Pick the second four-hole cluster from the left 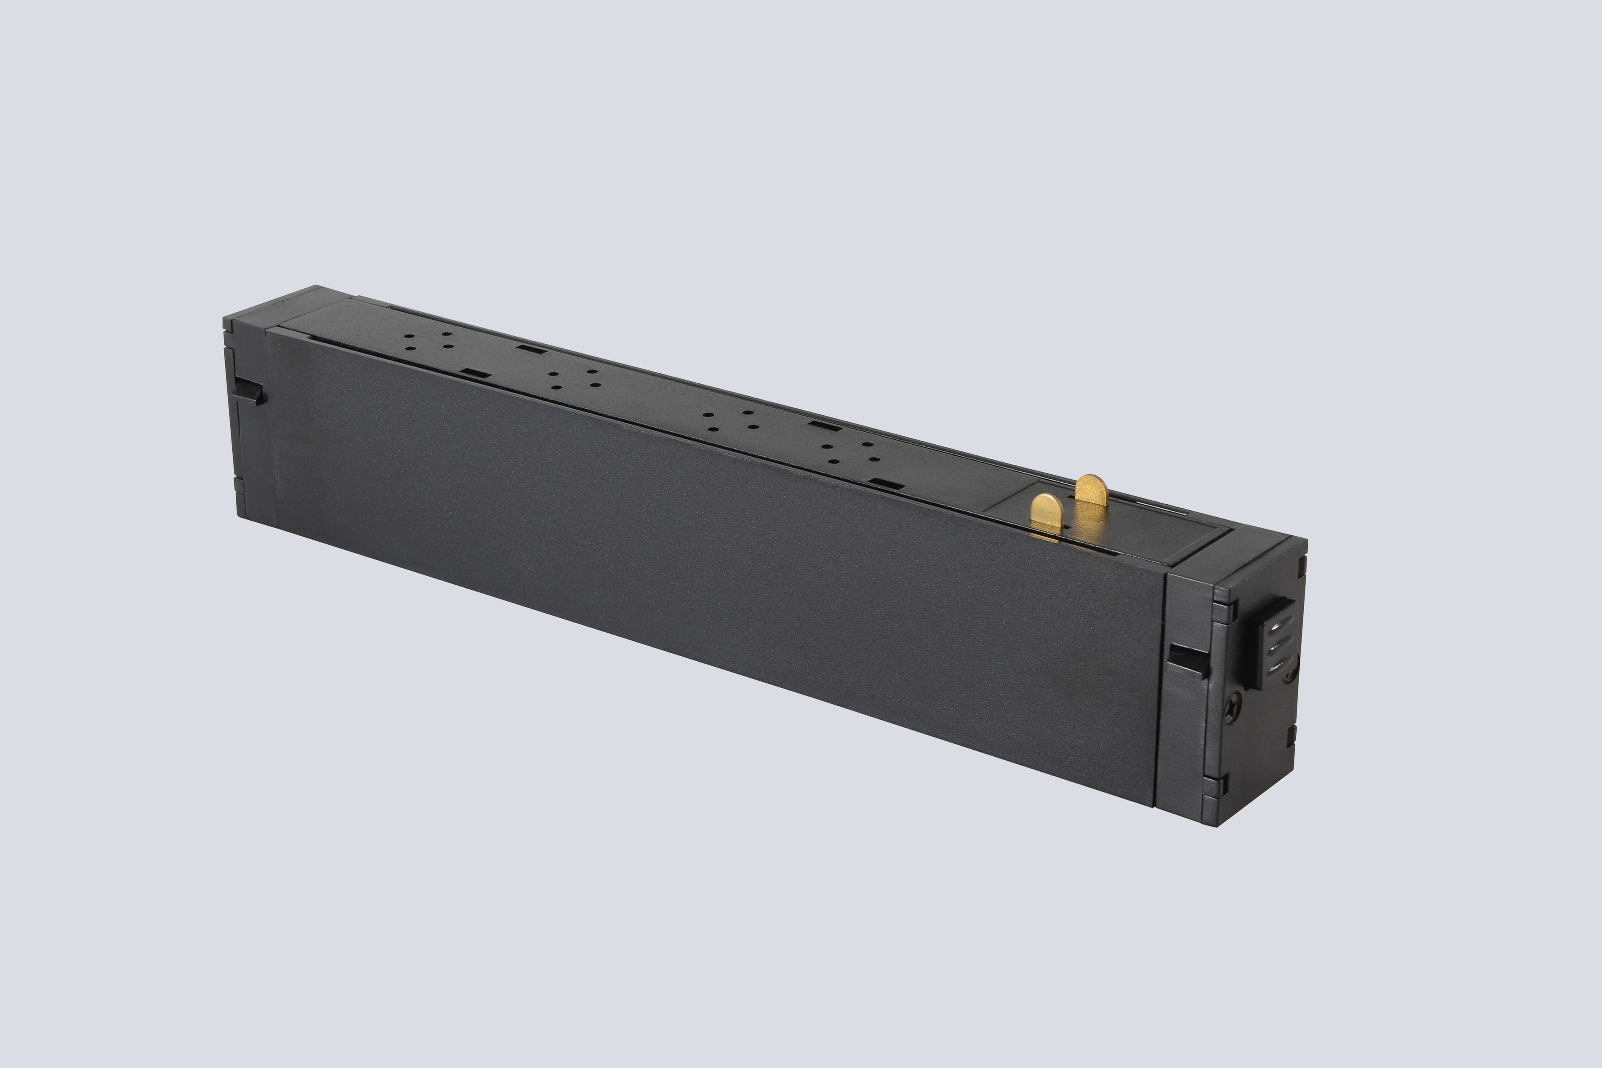click(574, 379)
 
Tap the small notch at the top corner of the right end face click(1300, 564)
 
